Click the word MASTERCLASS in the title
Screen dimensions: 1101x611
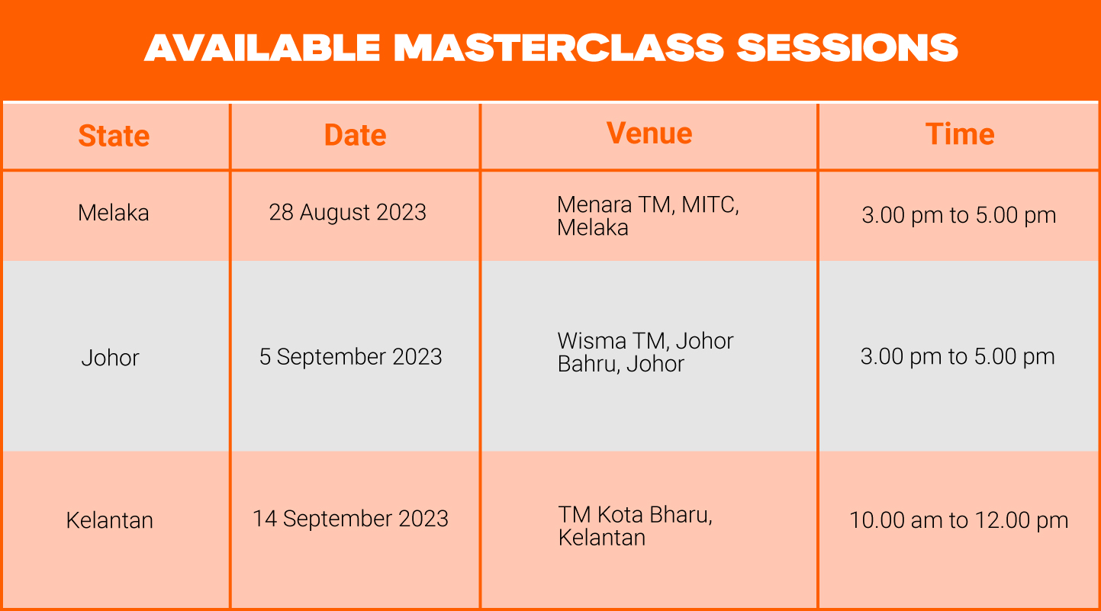click(x=559, y=48)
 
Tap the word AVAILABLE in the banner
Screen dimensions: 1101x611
click(x=262, y=48)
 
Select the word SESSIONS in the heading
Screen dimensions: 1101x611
click(x=848, y=48)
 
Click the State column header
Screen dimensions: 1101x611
click(x=114, y=136)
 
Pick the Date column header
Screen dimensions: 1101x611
click(x=355, y=135)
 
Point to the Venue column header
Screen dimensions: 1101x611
click(x=649, y=133)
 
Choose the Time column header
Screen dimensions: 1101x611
click(x=960, y=134)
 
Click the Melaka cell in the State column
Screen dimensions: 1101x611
click(x=114, y=213)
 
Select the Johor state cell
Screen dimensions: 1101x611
click(x=110, y=358)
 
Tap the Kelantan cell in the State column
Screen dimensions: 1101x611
click(x=110, y=520)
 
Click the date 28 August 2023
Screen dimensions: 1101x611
click(x=347, y=212)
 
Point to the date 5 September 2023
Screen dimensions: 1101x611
click(x=350, y=356)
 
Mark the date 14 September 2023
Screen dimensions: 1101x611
click(x=350, y=519)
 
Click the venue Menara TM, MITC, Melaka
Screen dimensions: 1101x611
click(x=648, y=217)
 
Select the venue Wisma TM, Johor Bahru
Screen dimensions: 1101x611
click(x=645, y=352)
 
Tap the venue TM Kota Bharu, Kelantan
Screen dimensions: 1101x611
click(x=635, y=526)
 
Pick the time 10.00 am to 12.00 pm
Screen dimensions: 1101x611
click(x=959, y=520)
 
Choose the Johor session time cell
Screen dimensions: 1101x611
click(x=958, y=356)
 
